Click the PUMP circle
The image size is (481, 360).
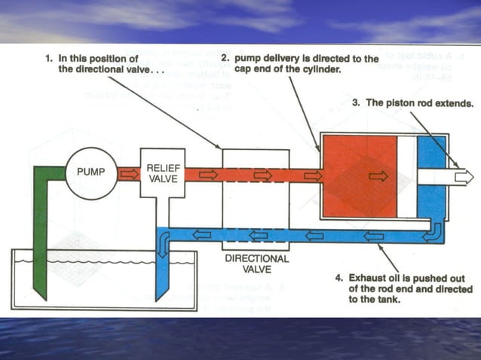pos(90,172)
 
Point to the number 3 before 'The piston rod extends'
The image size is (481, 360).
pos(356,103)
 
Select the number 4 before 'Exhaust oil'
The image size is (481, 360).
pos(339,276)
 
